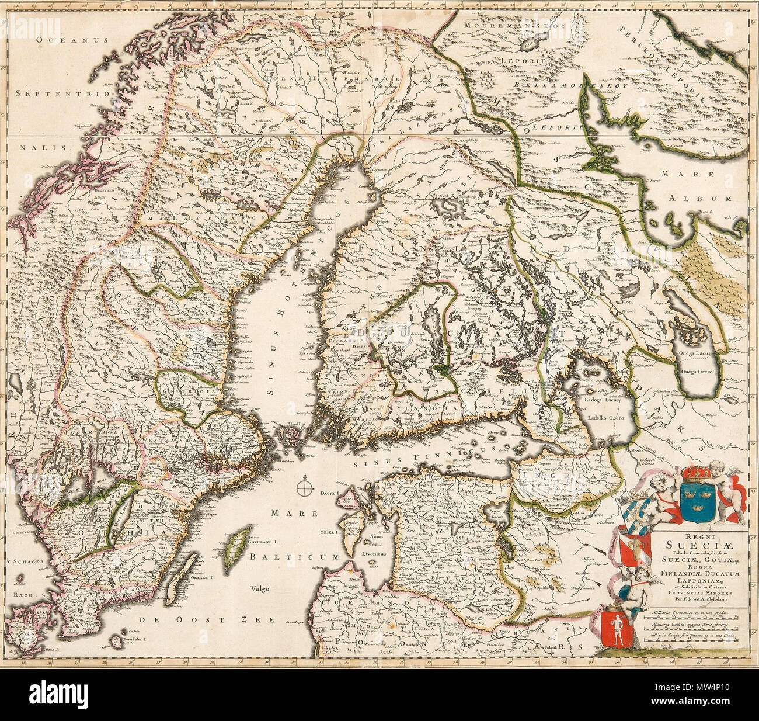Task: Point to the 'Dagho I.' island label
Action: (329, 494)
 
